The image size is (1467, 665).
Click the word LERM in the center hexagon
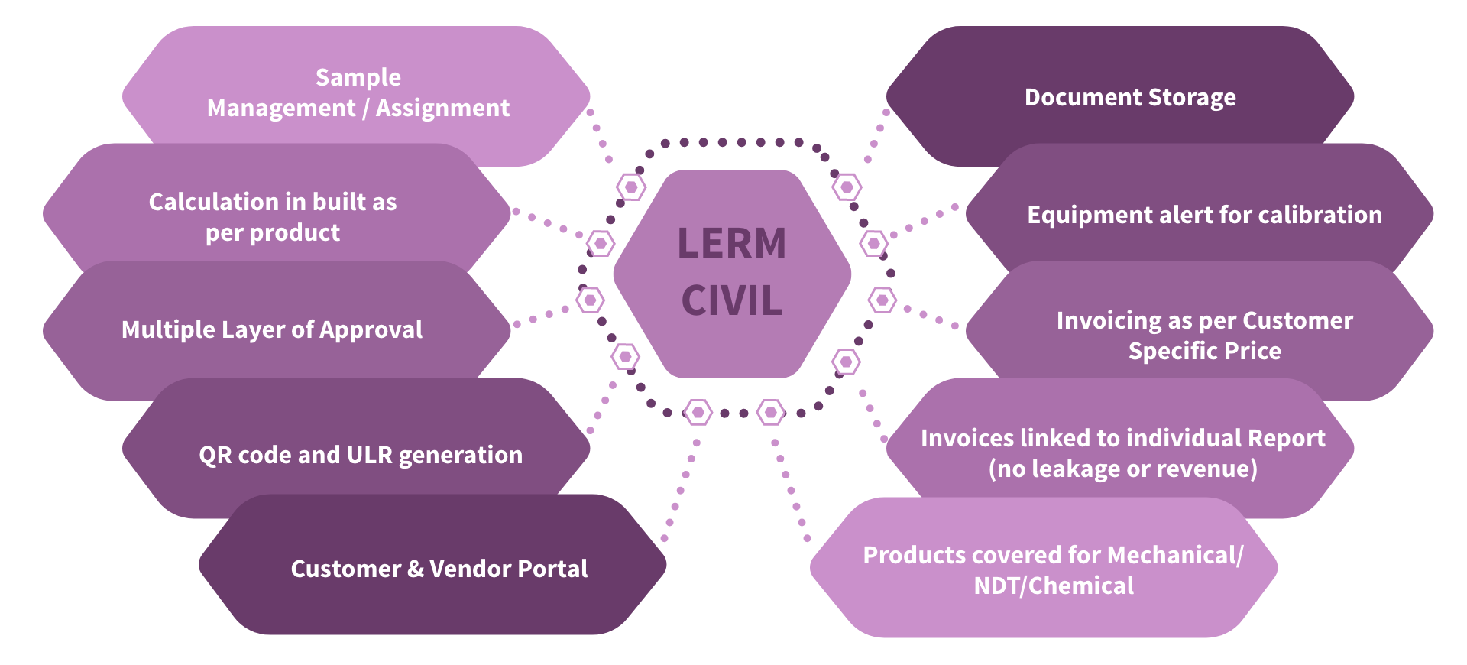pos(731,244)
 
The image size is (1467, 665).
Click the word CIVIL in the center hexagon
pos(731,300)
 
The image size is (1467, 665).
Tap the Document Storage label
pos(1129,98)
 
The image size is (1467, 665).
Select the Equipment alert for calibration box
pos(1204,215)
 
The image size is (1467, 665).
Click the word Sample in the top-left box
pos(358,77)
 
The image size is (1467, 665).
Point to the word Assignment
pos(442,109)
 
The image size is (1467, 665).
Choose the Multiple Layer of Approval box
pos(272,329)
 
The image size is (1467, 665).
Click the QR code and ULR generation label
pos(361,455)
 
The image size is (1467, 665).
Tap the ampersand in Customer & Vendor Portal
pos(415,569)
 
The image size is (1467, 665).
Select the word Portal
pos(552,569)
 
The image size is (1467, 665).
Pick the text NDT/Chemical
pos(1053,586)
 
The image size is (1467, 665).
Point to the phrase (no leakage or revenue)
pos(1122,469)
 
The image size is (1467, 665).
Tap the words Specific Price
pos(1204,352)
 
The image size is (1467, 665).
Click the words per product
pos(272,233)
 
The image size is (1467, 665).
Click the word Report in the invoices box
pos(1286,438)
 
